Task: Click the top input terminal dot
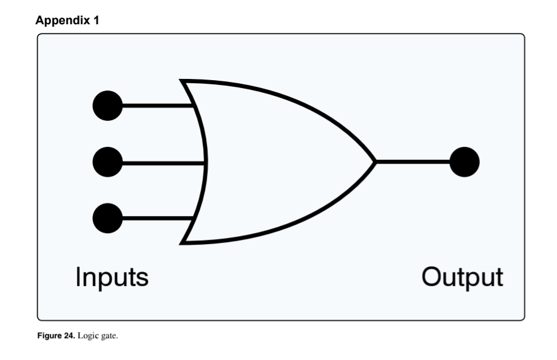(x=107, y=105)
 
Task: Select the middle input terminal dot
(x=107, y=161)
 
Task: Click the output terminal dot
(x=465, y=161)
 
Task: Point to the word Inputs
(x=112, y=277)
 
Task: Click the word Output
(x=462, y=277)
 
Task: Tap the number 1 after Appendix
(x=95, y=21)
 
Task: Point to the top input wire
(x=158, y=105)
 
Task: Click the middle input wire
(x=164, y=161)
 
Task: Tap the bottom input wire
(x=158, y=217)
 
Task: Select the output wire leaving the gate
(x=413, y=161)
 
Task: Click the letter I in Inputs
(x=78, y=277)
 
